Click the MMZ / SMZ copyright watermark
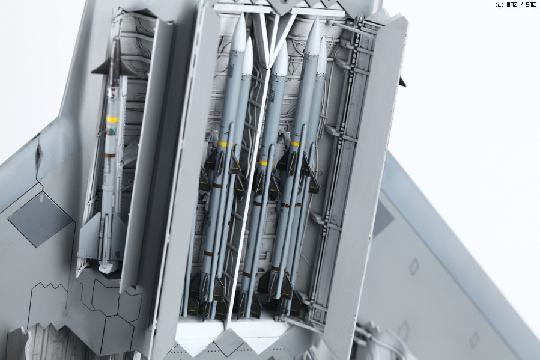pos(515,5)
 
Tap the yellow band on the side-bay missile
pos(112,120)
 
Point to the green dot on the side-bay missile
pos(112,132)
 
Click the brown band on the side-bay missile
pos(110,156)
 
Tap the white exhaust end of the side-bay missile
pos(108,267)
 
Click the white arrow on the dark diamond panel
pos(41,197)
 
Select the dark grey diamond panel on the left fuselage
pos(41,219)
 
